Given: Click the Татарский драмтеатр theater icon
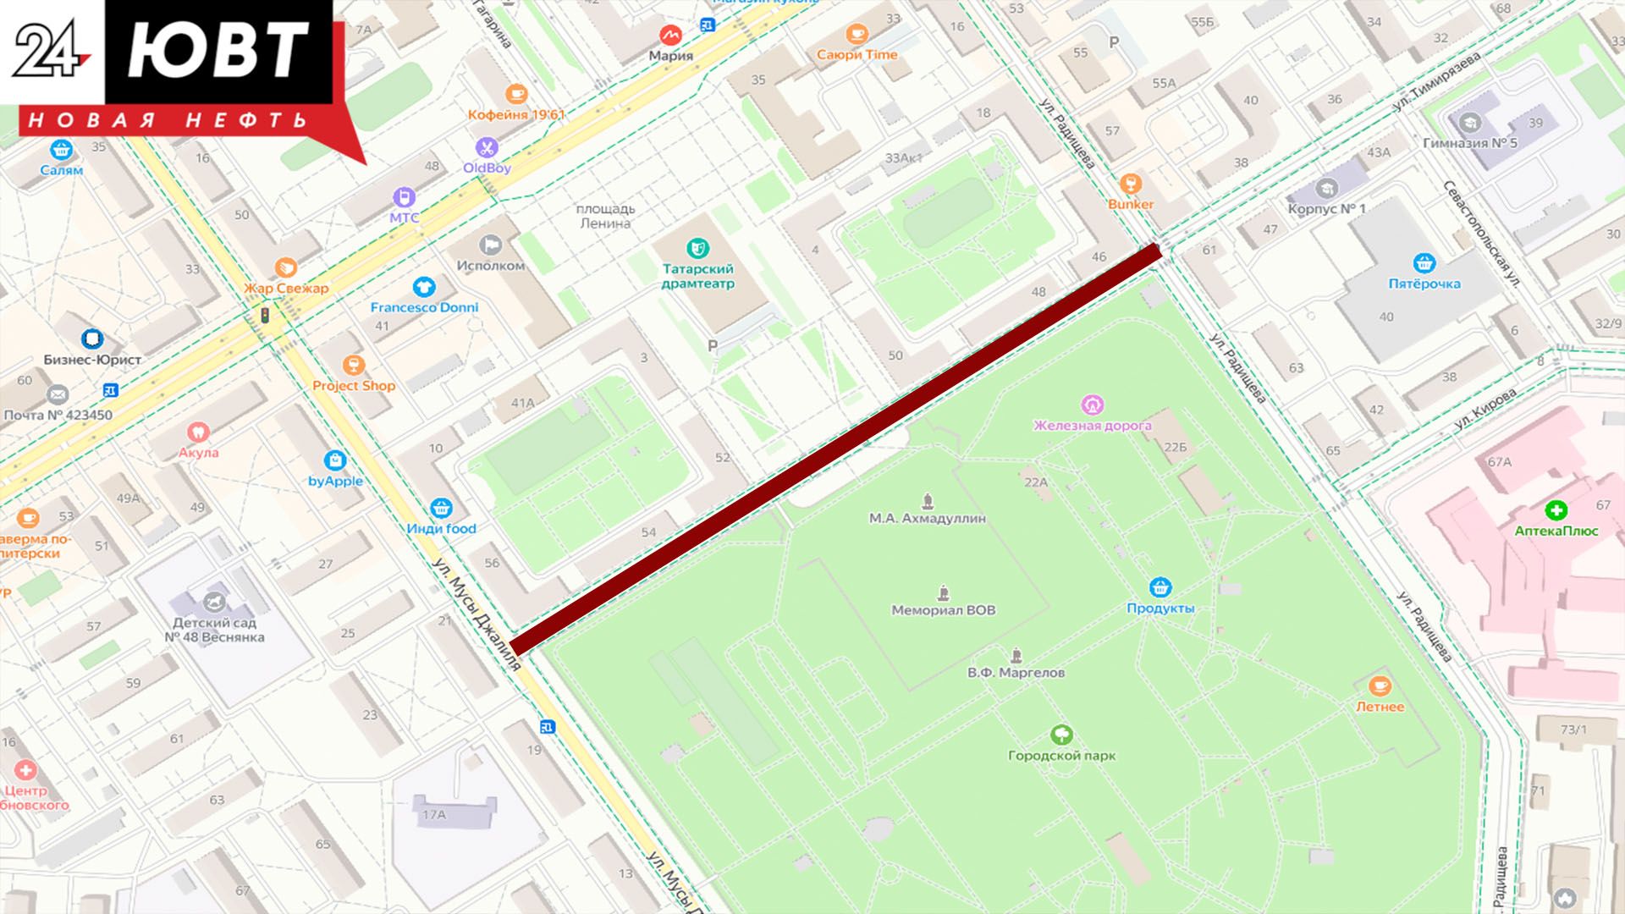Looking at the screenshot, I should [697, 249].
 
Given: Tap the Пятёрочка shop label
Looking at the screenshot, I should [1424, 284].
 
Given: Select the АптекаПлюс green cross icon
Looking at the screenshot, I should [1556, 510].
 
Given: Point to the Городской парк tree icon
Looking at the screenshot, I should [1060, 735].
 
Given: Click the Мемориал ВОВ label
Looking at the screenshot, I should [943, 610].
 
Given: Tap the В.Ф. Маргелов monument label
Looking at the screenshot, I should [1016, 673].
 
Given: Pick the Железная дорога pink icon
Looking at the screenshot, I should [1093, 405].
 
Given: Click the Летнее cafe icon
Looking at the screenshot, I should [1380, 685].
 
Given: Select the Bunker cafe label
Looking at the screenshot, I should [1131, 204].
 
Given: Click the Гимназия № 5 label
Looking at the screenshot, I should [1470, 143].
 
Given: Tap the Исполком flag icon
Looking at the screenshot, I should [490, 245].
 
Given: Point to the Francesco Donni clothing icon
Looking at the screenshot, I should [424, 287].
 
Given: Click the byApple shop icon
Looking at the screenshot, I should [335, 460].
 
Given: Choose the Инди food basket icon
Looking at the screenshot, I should [440, 508].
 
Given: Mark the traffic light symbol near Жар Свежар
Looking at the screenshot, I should [265, 316].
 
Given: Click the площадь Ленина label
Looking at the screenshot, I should [605, 216].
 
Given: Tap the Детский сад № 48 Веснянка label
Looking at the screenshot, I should [213, 630].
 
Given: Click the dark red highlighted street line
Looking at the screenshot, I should [834, 449].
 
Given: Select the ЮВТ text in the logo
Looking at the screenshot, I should [218, 50].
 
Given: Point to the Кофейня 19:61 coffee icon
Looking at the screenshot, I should [515, 94].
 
